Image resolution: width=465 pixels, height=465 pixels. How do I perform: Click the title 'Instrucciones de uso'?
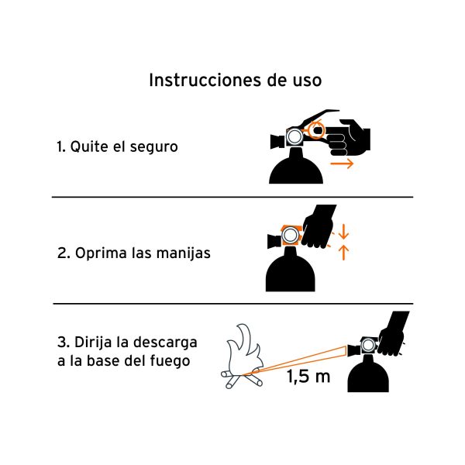tap(234, 80)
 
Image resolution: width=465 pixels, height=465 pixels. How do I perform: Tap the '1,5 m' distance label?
tap(308, 378)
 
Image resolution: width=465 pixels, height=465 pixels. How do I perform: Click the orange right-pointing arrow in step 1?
tap(342, 164)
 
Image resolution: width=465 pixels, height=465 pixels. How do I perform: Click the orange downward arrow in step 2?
tap(345, 231)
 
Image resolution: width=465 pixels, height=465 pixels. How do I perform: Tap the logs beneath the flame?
tap(239, 381)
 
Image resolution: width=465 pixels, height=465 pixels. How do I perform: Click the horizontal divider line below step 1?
tap(232, 197)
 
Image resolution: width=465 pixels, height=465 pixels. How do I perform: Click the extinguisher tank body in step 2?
tap(291, 272)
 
